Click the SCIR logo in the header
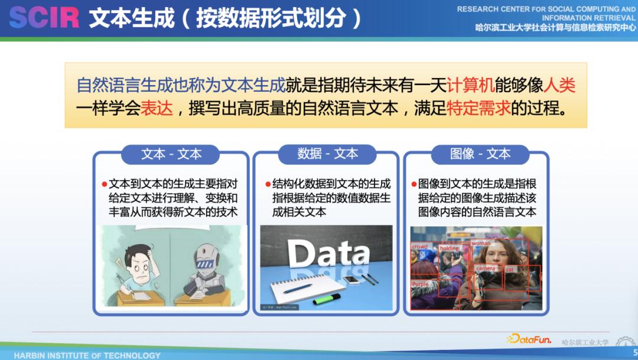tap(44, 18)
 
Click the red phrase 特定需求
tap(479, 109)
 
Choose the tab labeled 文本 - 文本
tap(171, 154)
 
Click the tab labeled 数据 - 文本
tap(327, 154)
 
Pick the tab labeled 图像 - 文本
tap(480, 154)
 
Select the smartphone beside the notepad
tap(351, 279)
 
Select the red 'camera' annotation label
tap(486, 268)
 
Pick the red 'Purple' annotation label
tap(420, 284)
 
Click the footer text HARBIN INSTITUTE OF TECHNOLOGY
tap(87, 355)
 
